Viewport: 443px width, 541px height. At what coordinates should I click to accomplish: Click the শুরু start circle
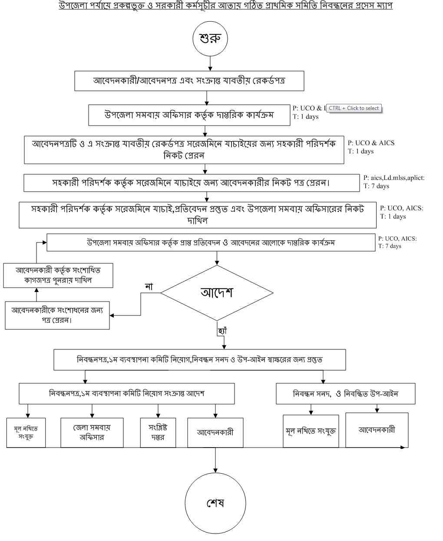210,38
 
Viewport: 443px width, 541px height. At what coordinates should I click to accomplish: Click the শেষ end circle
215,503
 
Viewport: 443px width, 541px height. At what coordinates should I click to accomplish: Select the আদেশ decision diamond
217,292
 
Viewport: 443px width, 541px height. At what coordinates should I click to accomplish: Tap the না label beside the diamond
149,286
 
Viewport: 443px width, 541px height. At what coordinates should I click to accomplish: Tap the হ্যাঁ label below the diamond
222,331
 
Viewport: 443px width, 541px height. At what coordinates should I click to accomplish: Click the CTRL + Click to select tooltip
354,108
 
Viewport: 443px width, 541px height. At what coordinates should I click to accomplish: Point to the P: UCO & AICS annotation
371,143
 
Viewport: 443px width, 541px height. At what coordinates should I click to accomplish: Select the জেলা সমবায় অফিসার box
92,432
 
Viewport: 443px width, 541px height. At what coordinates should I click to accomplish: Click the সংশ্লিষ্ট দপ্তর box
158,432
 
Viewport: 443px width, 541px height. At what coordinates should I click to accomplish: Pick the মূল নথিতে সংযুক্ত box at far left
26,432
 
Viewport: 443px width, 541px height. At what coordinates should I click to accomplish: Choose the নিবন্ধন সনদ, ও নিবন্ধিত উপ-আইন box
345,394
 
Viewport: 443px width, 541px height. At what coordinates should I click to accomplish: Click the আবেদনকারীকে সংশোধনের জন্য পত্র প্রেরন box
57,315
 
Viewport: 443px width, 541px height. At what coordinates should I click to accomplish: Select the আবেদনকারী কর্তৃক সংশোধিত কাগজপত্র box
58,275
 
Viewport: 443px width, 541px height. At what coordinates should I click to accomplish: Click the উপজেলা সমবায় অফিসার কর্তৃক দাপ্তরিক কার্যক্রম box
189,115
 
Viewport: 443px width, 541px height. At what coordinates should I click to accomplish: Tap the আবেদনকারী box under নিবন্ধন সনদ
377,430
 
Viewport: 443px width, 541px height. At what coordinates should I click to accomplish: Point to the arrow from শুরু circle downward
210,63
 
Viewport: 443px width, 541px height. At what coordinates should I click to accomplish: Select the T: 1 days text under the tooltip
306,116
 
